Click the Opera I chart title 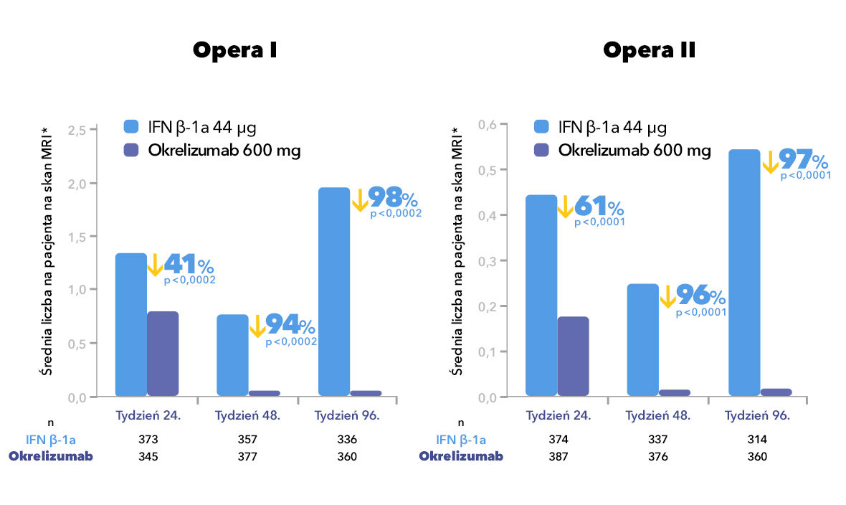coord(234,51)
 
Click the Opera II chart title coord(649,51)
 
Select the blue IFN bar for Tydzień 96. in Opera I coord(334,291)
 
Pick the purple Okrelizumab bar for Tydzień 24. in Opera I coord(163,353)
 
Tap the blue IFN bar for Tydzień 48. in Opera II coord(642,339)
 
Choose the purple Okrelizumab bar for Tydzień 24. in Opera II coord(573,356)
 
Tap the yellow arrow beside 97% coord(771,161)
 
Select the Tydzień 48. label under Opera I coord(247,415)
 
